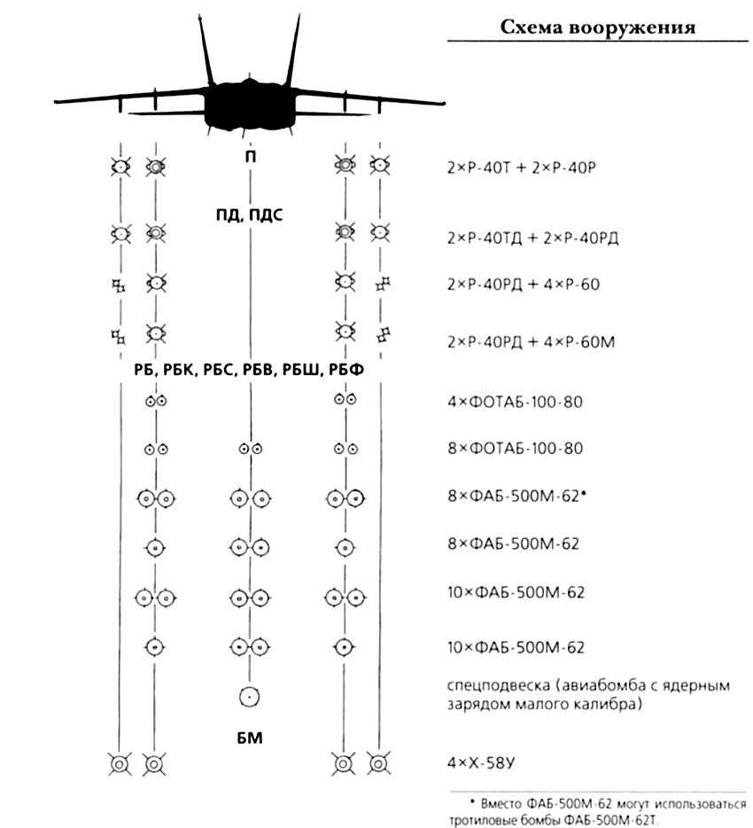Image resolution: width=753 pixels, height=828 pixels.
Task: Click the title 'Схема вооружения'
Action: pos(597,27)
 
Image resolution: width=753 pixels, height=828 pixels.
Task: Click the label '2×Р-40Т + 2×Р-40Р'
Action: pos(522,168)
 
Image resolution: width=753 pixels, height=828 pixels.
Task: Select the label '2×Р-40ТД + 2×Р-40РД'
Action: pos(533,238)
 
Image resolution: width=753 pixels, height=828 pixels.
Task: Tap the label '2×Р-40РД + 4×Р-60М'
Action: pos(531,342)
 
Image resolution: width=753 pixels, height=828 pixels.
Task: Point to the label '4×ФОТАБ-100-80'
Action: pos(515,402)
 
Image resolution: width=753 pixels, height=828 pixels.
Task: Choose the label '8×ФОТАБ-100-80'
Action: pos(515,449)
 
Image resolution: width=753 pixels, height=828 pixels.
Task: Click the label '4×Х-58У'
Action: pos(481,762)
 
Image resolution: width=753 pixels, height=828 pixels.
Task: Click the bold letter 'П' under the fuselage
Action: pos(250,157)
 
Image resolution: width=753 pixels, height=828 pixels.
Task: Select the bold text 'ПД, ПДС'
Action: pos(250,215)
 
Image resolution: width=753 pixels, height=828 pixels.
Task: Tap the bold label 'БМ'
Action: pos(250,738)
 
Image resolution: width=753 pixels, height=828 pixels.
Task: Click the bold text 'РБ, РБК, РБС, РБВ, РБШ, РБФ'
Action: pos(249,370)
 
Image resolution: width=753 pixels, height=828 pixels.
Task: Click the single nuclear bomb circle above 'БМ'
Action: pos(249,697)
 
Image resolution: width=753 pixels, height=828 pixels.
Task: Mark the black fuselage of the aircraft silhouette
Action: pos(249,105)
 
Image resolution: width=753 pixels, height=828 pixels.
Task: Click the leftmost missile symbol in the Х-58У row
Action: pos(120,764)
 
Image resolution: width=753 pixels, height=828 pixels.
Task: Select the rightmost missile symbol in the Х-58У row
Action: pos(378,763)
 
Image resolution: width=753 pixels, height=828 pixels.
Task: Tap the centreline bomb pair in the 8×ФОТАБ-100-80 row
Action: pos(250,449)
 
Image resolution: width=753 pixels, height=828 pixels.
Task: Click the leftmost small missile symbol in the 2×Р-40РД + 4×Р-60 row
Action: pos(120,285)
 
